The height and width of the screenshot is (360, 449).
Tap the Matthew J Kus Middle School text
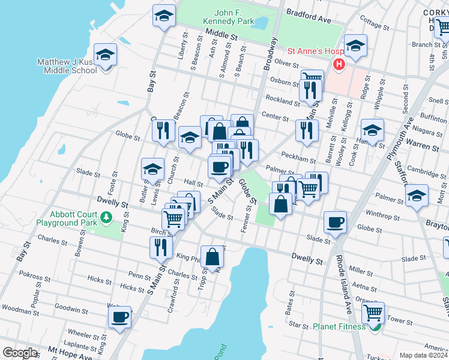67,66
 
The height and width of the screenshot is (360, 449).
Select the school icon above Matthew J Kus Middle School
106,56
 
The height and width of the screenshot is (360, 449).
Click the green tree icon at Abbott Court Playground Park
107,217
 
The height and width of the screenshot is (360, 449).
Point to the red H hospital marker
339,64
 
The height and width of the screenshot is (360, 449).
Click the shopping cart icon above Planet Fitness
373,313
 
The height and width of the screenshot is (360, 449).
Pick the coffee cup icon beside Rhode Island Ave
335,223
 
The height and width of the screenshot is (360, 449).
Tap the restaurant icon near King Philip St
160,247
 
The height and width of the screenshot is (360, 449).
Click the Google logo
20,353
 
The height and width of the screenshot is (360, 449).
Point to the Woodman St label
20,313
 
